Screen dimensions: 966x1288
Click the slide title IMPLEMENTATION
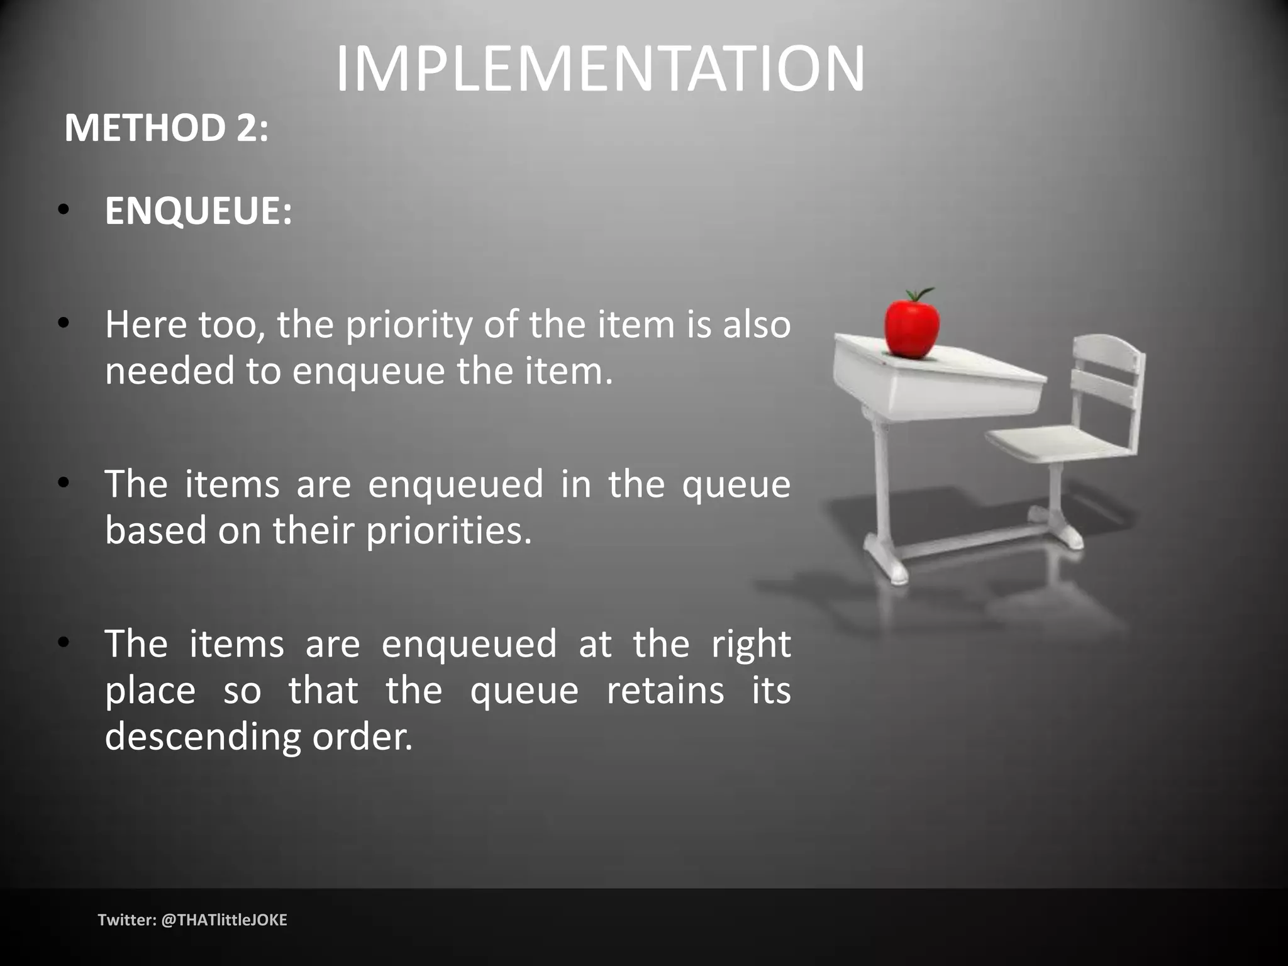click(x=601, y=69)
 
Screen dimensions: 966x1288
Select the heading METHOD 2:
click(x=166, y=128)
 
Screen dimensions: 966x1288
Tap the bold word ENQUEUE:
click(x=198, y=211)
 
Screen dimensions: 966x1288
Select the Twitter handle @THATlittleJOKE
click(x=224, y=920)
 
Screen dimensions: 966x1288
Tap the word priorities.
click(x=449, y=530)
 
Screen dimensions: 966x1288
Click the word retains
click(x=665, y=691)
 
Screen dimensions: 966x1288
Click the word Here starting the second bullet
click(x=145, y=325)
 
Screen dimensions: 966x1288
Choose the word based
click(x=155, y=530)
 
